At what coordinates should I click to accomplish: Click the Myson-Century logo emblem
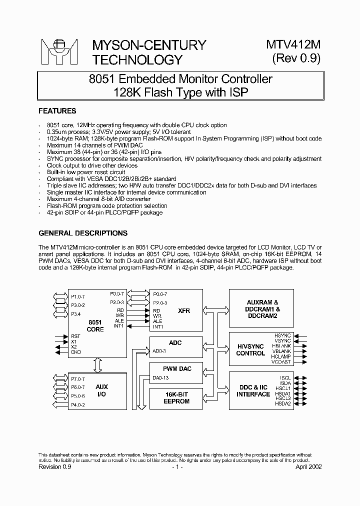click(x=59, y=52)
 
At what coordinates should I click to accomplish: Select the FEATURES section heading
click(x=57, y=111)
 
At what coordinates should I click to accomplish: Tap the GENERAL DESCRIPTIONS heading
click(x=83, y=233)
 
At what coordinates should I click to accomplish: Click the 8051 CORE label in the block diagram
click(x=95, y=326)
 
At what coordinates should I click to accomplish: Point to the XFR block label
click(x=184, y=310)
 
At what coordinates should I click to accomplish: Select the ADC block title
click(x=175, y=343)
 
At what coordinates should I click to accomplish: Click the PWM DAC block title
click(x=177, y=369)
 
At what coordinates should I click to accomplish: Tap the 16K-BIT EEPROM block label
click(x=177, y=397)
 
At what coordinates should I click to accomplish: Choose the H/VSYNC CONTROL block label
click(x=250, y=349)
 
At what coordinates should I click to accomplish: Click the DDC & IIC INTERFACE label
click(x=253, y=390)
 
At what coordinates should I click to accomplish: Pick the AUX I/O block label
click(x=101, y=390)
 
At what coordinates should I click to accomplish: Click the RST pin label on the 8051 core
click(x=75, y=336)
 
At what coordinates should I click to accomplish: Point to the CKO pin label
click(x=75, y=351)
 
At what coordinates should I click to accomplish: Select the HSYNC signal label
click(x=282, y=334)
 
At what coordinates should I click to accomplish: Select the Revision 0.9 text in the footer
click(x=55, y=466)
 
